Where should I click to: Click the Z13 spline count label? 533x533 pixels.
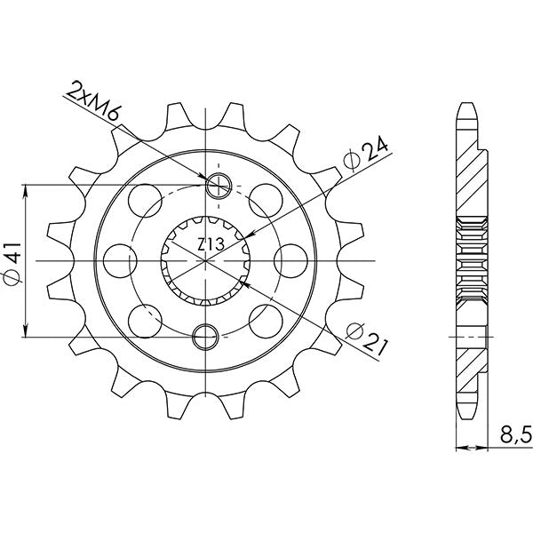(210, 243)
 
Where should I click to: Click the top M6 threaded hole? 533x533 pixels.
(219, 186)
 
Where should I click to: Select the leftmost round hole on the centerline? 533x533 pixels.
(117, 260)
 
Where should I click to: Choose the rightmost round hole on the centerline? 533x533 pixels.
(290, 260)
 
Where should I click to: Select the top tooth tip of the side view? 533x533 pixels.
(466, 111)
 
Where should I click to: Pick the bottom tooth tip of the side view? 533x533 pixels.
(466, 410)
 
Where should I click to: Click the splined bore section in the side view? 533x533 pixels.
(471, 260)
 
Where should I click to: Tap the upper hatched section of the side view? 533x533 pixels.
(472, 178)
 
